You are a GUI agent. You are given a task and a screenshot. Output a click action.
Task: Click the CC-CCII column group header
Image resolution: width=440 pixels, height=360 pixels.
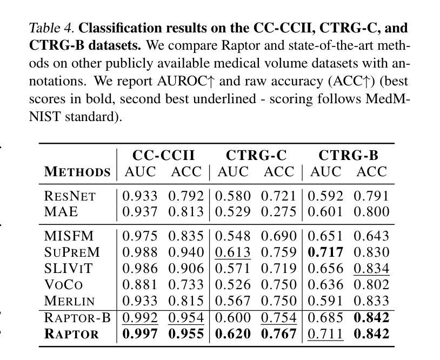click(x=163, y=155)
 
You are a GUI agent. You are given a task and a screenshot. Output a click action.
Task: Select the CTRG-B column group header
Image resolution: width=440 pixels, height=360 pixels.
click(x=348, y=155)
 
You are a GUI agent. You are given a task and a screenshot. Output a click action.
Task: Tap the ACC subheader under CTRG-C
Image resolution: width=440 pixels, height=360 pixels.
click(x=279, y=172)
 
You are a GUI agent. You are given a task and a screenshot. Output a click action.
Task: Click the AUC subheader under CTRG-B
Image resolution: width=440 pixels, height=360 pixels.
click(x=325, y=172)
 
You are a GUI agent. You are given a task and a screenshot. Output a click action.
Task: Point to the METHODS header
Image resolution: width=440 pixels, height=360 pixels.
click(x=77, y=172)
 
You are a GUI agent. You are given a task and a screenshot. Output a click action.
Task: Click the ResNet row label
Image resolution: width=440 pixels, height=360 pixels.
click(x=70, y=196)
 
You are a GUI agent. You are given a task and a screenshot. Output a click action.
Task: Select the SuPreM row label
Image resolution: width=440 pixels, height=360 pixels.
click(x=72, y=252)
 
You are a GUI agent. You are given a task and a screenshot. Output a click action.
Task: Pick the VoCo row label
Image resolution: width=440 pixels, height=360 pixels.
click(x=63, y=284)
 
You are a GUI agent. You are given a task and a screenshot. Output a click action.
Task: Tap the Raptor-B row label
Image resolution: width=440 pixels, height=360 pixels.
click(x=77, y=317)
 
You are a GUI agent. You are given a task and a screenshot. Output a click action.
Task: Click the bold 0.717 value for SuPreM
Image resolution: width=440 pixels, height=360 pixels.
click(x=325, y=252)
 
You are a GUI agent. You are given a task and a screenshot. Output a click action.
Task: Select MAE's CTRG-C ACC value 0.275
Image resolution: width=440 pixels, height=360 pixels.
click(x=278, y=211)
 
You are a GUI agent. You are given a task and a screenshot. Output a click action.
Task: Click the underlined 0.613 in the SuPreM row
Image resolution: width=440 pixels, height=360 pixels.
click(x=232, y=252)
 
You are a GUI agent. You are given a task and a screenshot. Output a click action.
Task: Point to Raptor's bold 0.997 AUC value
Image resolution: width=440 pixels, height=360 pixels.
click(x=140, y=334)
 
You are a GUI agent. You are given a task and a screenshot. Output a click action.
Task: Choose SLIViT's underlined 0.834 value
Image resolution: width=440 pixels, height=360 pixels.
click(x=371, y=268)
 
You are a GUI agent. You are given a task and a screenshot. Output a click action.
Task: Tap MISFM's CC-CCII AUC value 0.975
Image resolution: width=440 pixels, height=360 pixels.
click(x=140, y=236)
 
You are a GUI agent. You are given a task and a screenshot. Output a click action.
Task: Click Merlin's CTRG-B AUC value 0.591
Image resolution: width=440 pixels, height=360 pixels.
click(x=325, y=301)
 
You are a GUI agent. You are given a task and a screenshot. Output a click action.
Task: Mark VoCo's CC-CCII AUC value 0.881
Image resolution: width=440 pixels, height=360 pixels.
click(x=140, y=284)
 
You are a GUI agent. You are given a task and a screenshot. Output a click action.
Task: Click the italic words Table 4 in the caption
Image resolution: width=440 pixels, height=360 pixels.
click(x=51, y=28)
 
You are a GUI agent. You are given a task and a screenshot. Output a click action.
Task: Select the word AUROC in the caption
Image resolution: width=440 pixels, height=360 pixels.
click(x=182, y=81)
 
